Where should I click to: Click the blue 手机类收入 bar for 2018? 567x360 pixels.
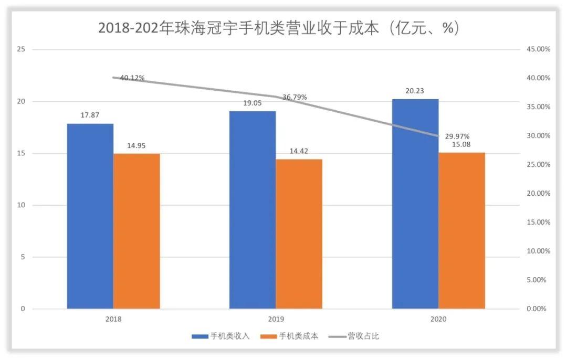coord(90,216)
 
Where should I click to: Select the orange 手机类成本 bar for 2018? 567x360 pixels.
coord(136,231)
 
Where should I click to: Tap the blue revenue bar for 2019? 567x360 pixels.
coord(253,210)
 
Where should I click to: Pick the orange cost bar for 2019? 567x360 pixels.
coord(299,234)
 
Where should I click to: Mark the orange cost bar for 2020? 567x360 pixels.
coord(461,230)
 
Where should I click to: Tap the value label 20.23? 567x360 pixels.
coord(415,91)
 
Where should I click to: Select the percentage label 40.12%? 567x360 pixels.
coord(132,78)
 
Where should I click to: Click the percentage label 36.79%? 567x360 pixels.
coord(295,97)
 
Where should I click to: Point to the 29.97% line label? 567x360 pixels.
coord(457,136)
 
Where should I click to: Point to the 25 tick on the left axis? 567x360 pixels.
coord(21,49)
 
